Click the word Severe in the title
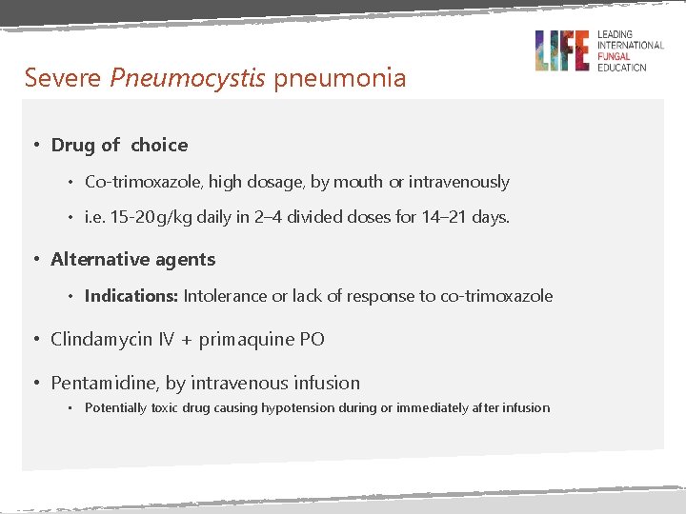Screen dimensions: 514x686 coord(64,77)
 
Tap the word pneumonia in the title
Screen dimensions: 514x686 coord(340,77)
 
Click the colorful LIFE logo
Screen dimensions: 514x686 coord(561,50)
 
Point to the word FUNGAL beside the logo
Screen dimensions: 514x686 coord(615,56)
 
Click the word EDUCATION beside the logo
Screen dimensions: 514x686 coord(621,68)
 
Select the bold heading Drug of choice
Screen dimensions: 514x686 coord(119,145)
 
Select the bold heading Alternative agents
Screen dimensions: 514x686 coord(133,259)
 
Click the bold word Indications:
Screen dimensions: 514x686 coord(131,296)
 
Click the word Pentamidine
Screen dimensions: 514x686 coord(104,384)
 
